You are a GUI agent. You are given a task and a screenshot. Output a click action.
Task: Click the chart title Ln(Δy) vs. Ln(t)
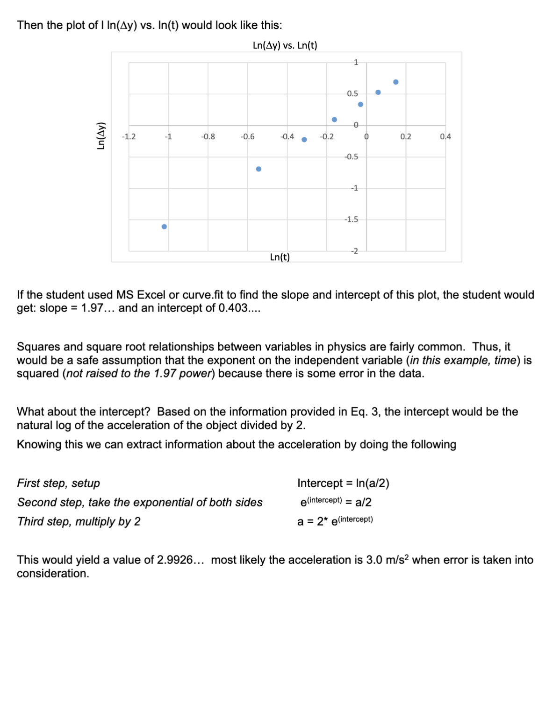285,45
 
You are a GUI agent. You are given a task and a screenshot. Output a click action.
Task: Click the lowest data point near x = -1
164,227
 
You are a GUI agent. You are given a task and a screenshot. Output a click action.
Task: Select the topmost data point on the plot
396,82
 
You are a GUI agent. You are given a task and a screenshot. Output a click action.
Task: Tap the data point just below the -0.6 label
258,169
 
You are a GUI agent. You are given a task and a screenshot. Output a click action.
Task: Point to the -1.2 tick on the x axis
129,136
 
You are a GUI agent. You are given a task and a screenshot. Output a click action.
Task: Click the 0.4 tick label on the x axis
445,136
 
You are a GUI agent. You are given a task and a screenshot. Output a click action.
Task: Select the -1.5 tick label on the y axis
351,219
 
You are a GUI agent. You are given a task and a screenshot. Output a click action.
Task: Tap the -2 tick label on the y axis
354,251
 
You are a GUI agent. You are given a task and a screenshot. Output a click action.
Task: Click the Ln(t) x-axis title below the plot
280,257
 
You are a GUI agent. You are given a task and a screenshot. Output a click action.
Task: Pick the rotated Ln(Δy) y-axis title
100,135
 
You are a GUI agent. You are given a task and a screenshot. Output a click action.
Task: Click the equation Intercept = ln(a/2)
343,483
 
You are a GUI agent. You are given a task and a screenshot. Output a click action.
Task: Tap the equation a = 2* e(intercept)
335,521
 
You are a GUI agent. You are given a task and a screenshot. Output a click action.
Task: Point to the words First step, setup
58,483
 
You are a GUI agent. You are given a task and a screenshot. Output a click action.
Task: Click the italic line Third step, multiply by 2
79,521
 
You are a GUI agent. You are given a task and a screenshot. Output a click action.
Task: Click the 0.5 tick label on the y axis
352,93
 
